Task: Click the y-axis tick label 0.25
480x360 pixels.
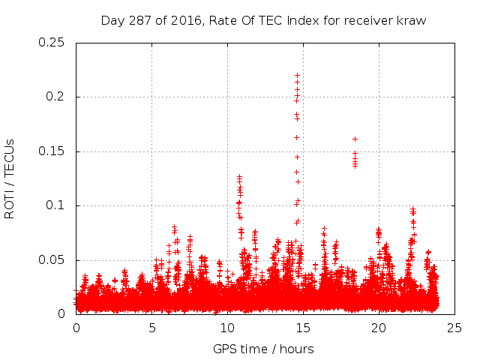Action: pos(50,43)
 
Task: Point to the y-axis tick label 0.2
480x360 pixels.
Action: pos(54,97)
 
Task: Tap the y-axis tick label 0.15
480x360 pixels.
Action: pos(50,151)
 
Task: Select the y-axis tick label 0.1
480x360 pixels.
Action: pos(54,205)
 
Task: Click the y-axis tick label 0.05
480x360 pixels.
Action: pos(50,260)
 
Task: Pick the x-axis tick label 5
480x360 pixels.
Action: pos(151,328)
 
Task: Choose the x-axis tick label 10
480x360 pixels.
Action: pos(227,328)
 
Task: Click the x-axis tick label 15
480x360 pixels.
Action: pos(303,328)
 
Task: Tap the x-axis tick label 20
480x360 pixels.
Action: pos(379,328)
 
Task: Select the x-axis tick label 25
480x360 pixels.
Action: pos(454,328)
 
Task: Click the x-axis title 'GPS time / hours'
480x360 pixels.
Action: pos(263,349)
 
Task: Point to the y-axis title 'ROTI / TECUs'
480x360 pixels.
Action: pos(10,178)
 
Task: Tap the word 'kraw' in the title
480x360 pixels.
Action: pos(412,20)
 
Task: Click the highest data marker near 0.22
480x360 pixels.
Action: pos(297,75)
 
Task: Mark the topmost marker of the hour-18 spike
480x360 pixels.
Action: pos(355,139)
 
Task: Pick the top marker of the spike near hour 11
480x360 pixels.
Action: pos(239,177)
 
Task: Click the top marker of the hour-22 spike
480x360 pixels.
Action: pos(412,209)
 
